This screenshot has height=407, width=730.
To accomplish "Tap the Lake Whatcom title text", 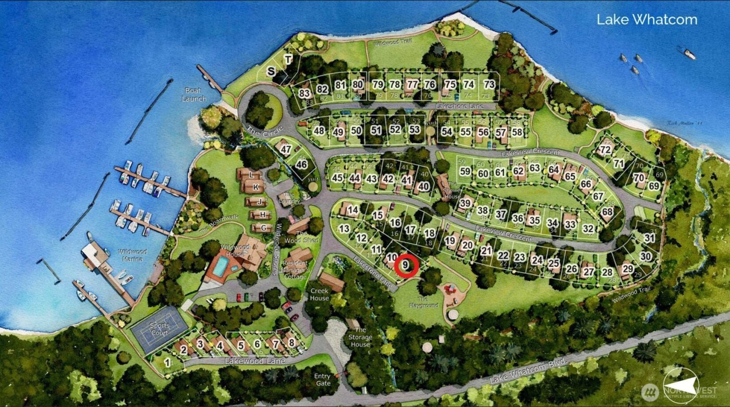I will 647,20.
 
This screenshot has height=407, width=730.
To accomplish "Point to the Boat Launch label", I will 194,95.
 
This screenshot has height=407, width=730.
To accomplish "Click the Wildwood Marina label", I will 132,255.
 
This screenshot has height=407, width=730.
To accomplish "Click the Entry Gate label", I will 323,379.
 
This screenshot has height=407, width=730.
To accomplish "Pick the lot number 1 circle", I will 167,362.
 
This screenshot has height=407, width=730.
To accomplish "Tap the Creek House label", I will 320,294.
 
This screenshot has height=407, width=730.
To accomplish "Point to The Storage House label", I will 360,337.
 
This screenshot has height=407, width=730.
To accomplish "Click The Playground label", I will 423,302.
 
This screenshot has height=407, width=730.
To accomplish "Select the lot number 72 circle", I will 605,150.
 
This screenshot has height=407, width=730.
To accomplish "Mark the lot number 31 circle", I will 649,238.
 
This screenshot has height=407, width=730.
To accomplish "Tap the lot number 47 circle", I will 285,149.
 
